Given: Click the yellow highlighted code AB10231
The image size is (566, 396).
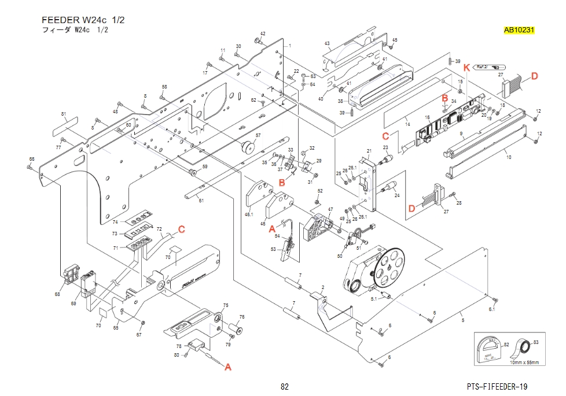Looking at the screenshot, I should pyautogui.click(x=519, y=30).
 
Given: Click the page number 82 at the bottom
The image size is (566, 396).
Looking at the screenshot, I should pyautogui.click(x=284, y=386).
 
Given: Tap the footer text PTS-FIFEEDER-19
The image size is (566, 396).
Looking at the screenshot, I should pyautogui.click(x=497, y=386).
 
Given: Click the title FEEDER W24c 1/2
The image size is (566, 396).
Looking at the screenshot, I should pyautogui.click(x=83, y=20).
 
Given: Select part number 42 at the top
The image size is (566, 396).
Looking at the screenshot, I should pyautogui.click(x=263, y=34).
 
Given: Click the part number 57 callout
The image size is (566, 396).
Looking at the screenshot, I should pyautogui.click(x=258, y=135).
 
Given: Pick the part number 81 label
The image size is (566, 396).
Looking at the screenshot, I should pyautogui.click(x=64, y=114).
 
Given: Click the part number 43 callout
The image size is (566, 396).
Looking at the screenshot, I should pyautogui.click(x=327, y=44).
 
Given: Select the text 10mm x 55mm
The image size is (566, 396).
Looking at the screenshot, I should pyautogui.click(x=524, y=362).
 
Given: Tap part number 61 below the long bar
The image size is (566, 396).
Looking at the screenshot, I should pyautogui.click(x=201, y=200).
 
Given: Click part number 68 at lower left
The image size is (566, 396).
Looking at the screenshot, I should pyautogui.click(x=57, y=294).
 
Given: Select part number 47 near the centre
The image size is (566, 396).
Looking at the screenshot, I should pyautogui.click(x=330, y=209).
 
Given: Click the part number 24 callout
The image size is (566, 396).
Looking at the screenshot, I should pyautogui.click(x=397, y=195).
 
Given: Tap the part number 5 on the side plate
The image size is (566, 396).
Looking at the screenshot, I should pyautogui.click(x=462, y=320).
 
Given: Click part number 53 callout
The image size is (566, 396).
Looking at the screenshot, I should pyautogui.click(x=274, y=249).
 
